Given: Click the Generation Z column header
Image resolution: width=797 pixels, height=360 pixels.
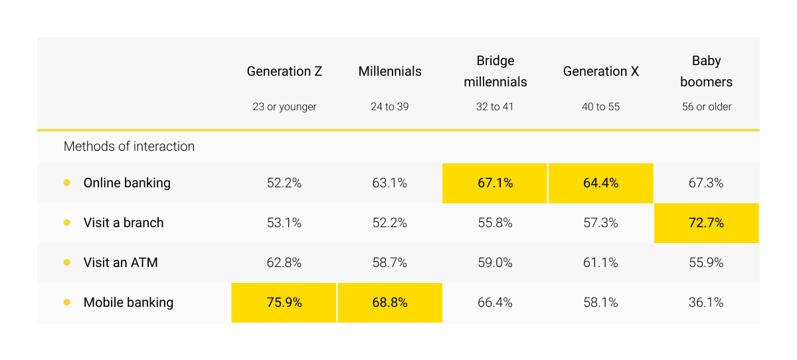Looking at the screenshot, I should [x=284, y=71].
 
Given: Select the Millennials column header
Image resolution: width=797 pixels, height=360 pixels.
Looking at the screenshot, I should [x=390, y=71].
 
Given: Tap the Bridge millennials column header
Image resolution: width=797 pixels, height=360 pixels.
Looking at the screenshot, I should [x=495, y=71].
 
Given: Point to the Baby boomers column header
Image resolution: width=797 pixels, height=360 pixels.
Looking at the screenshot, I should [x=706, y=71].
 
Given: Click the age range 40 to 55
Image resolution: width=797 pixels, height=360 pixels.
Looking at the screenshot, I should [x=601, y=106].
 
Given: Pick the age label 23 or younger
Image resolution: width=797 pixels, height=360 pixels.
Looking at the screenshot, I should [x=284, y=106].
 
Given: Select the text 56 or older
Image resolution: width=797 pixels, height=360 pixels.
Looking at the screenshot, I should [x=706, y=106].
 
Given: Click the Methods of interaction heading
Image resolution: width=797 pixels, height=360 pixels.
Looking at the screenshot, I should [x=129, y=146].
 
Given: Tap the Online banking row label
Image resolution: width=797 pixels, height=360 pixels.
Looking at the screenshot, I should [x=127, y=183].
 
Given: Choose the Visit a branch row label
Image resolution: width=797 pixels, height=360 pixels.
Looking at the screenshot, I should [x=124, y=223].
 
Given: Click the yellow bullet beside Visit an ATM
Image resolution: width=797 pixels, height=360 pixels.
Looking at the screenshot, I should [x=67, y=262].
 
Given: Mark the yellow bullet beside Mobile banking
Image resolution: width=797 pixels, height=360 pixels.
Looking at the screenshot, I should [x=67, y=302].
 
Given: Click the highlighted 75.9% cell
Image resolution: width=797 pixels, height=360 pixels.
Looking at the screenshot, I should [x=284, y=302].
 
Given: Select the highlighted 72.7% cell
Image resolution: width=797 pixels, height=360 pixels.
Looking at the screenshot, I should [x=706, y=223].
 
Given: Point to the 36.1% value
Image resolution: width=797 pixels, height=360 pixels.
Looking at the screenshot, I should [x=706, y=302].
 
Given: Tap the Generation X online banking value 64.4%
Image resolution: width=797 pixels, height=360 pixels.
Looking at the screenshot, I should [x=601, y=183].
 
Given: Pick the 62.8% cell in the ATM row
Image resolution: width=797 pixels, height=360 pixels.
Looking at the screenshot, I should [x=284, y=262].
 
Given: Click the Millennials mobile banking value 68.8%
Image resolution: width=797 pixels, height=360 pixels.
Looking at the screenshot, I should [x=390, y=302].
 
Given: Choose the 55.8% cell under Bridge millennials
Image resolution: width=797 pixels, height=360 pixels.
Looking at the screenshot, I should [x=495, y=223].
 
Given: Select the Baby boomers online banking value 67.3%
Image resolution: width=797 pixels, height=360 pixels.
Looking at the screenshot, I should [x=706, y=183].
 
